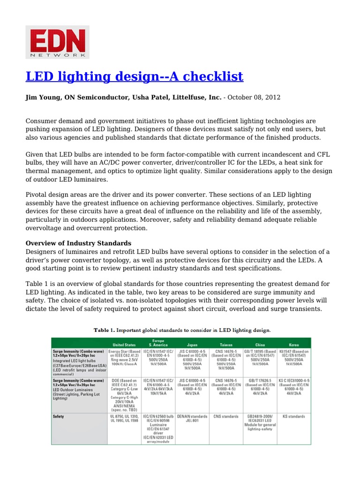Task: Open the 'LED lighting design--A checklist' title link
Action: coord(134,76)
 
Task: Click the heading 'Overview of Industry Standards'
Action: coord(78,243)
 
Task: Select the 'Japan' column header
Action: coord(193,344)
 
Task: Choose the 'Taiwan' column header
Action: coord(226,344)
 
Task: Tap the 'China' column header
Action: coord(260,344)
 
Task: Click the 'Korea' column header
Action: coord(293,344)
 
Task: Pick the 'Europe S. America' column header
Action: coord(158,342)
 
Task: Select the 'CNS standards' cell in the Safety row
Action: coord(226,415)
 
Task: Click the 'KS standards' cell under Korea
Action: coord(293,415)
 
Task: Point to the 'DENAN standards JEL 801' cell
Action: coord(193,418)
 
